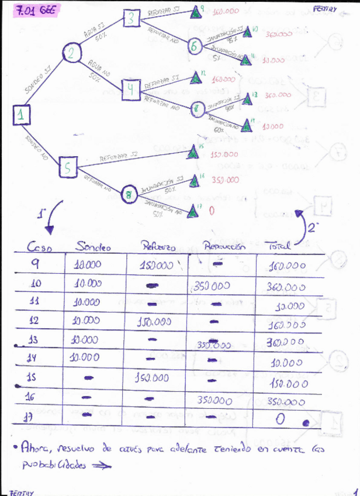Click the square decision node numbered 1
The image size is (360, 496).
tap(21, 116)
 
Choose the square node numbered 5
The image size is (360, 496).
tap(68, 169)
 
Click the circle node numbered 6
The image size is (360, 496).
tap(195, 46)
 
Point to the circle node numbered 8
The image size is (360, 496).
tap(130, 195)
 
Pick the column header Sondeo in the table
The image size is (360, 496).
tap(92, 246)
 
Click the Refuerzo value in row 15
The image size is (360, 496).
tap(151, 378)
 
